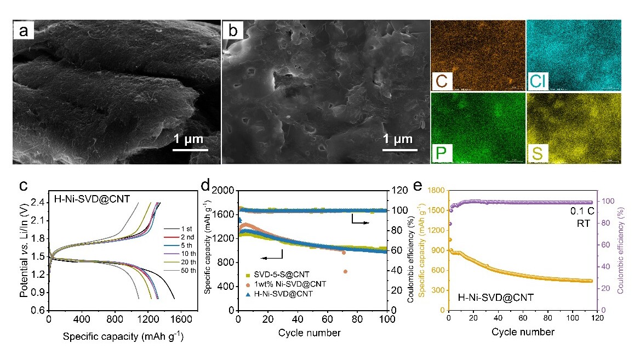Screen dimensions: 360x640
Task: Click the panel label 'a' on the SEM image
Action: coord(24,32)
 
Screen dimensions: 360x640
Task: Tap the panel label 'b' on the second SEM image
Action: coord(233,32)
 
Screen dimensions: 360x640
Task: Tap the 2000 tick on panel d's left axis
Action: coord(225,191)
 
